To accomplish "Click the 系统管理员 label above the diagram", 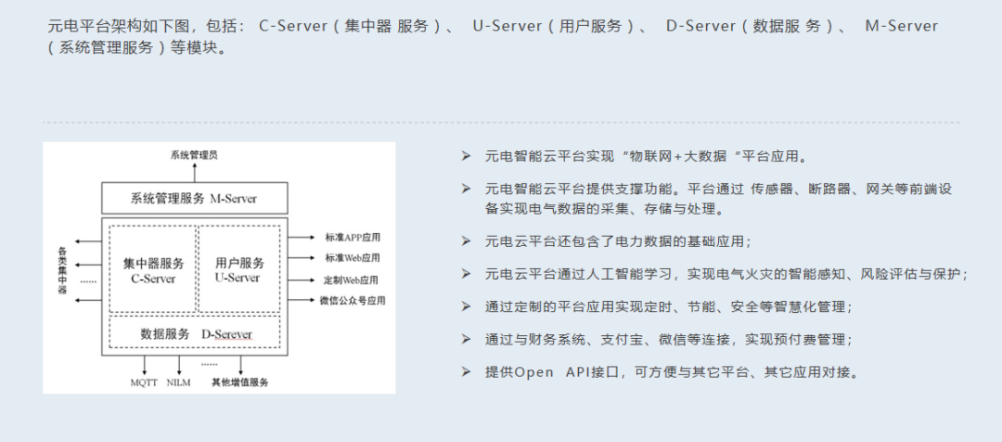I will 194,155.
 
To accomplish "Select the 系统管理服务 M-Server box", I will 194,199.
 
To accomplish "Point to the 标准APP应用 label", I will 353,238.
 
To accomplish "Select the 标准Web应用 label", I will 352,258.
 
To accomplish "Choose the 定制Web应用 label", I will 352,279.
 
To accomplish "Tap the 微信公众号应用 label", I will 352,301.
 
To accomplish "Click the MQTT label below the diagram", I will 145,383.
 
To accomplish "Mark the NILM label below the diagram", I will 178,383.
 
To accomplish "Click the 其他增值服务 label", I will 239,383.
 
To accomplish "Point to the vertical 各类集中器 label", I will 62,270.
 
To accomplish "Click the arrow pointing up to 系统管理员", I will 194,173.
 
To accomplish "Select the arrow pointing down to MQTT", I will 145,365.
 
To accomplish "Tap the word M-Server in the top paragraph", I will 901,26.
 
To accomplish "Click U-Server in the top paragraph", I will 507,26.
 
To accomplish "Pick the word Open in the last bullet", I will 533,372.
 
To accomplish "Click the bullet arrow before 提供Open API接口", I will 467,371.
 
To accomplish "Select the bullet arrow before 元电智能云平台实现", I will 467,156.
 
